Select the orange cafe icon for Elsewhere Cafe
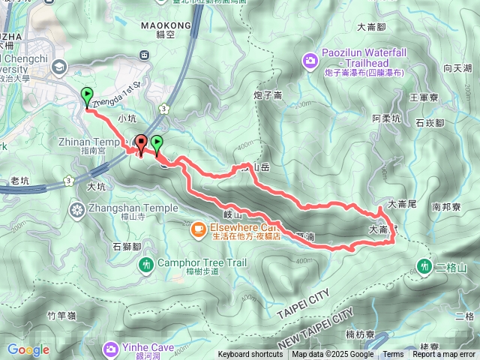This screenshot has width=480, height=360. pos(199,228)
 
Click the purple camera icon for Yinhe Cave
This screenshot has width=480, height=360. pos(111,348)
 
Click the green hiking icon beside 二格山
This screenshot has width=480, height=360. pos(425,266)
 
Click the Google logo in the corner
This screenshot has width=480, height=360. pos(28,349)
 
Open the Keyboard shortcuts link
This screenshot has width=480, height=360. pos(250,355)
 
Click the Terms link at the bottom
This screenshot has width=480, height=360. pos(393,355)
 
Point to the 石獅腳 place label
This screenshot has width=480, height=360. pos(126,245)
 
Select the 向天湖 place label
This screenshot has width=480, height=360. pos(457,68)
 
